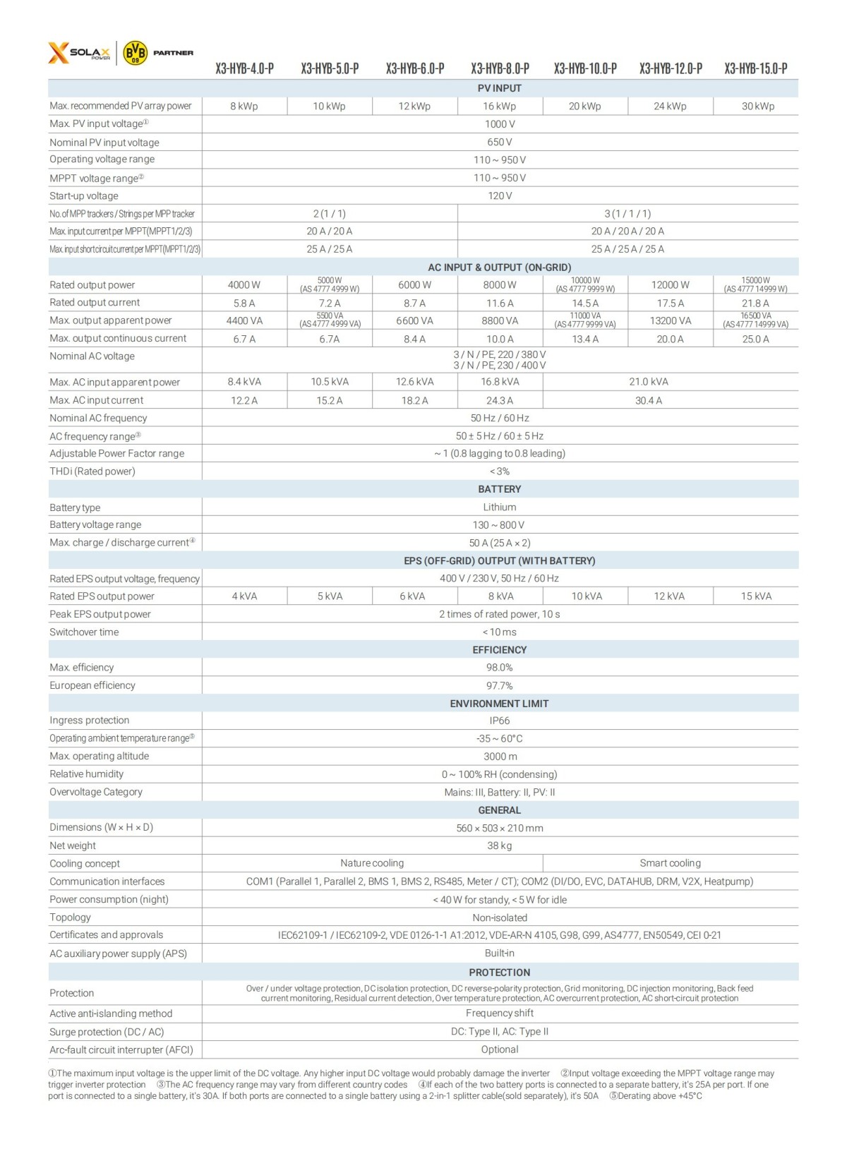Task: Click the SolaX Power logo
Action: coord(79,53)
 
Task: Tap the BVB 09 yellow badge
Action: coord(135,53)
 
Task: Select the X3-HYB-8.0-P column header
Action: coord(500,68)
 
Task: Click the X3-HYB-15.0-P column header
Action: coord(755,68)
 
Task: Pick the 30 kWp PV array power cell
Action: coord(757,107)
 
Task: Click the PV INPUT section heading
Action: coord(499,88)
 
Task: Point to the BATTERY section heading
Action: coord(499,489)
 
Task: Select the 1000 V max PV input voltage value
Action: coord(500,124)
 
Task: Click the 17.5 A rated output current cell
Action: coord(670,303)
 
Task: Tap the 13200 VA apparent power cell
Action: coord(670,320)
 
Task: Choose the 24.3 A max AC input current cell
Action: coord(500,400)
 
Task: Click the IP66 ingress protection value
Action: coord(499,721)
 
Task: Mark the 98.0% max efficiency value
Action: coord(499,668)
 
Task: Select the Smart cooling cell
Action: coord(670,863)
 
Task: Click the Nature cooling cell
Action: coord(372,863)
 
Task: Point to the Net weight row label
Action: coord(73,846)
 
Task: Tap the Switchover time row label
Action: coord(84,632)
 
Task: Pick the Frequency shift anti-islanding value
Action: coord(499,1013)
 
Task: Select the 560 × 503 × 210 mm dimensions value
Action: coord(499,828)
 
